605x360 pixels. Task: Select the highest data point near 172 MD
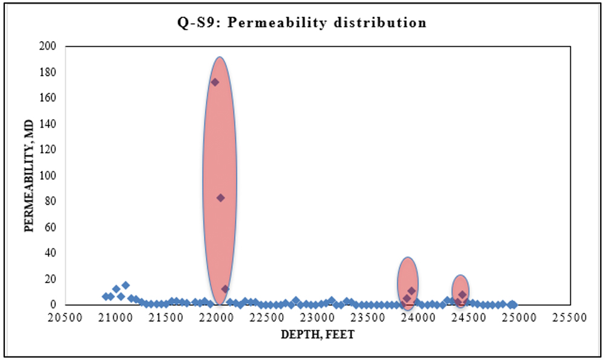pyautogui.click(x=215, y=82)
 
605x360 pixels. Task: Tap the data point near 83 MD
pyautogui.click(x=221, y=198)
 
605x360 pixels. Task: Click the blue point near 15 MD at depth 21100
pyautogui.click(x=125, y=285)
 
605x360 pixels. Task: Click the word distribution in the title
pyautogui.click(x=387, y=23)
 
